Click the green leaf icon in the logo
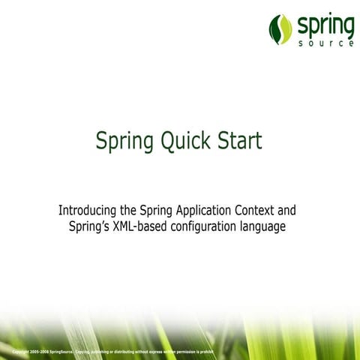click(x=280, y=29)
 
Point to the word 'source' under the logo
click(x=325, y=43)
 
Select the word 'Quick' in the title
click(x=182, y=140)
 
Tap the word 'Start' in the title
click(x=238, y=140)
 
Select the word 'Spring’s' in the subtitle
click(x=88, y=226)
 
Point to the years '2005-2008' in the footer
click(x=40, y=351)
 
